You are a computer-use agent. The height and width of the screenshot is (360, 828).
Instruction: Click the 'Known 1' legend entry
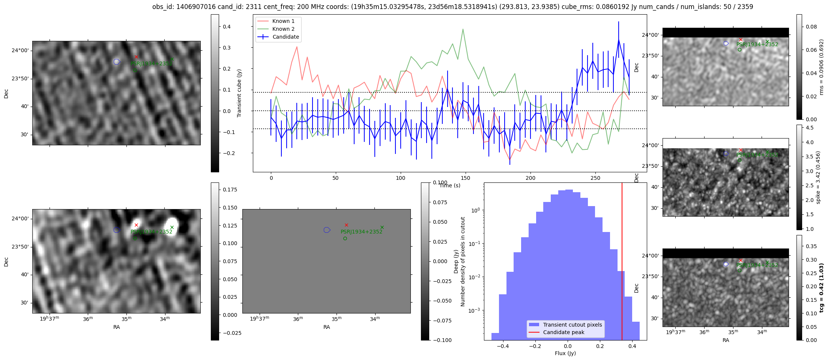(283, 21)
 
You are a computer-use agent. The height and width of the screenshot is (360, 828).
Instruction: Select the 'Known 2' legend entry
(283, 29)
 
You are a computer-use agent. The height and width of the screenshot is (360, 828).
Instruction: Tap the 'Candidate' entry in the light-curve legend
(286, 37)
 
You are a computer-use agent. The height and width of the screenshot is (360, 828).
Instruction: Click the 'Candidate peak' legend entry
(564, 332)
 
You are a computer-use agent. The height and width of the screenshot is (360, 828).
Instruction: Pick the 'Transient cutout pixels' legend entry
(572, 325)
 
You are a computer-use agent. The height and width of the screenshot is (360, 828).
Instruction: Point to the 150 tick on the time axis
(465, 178)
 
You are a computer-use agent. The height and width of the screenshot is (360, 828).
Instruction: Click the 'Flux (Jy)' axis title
(565, 353)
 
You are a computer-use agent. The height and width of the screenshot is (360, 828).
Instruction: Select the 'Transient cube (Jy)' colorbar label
(239, 93)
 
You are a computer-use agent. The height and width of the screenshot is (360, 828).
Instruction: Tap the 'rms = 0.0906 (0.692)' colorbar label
(821, 67)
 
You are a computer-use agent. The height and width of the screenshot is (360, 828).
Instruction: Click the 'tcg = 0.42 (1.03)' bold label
(821, 288)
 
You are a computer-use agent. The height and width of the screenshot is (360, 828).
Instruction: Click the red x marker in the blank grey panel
(346, 225)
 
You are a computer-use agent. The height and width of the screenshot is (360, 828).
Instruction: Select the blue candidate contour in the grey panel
(327, 230)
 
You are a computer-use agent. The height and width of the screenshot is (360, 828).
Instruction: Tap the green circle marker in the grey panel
(345, 238)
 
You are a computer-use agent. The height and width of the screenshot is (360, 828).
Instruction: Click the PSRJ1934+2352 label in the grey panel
(361, 232)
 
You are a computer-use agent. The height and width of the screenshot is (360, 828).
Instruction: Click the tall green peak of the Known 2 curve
(463, 29)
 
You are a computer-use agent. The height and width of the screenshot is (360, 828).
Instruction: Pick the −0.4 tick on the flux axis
(503, 346)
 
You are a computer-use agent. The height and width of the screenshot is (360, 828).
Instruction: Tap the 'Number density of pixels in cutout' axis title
(463, 261)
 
